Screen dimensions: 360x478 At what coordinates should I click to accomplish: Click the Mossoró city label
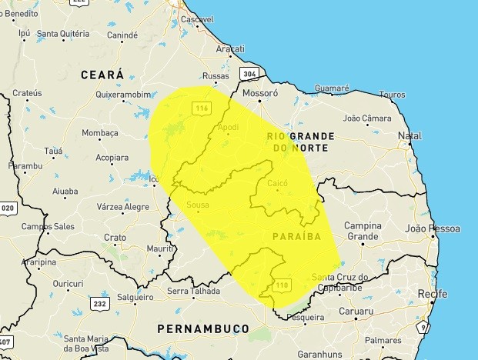(259, 94)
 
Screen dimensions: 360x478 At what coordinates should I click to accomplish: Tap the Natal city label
(409, 136)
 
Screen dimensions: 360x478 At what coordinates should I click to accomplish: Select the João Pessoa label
(432, 228)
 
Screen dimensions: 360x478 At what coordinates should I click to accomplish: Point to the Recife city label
(432, 294)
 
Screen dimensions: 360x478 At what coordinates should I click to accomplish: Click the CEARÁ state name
(102, 74)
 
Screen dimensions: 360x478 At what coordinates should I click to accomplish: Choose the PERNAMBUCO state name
(202, 328)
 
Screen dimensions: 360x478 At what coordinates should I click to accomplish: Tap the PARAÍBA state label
(296, 235)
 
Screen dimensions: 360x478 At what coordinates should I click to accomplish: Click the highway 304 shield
(249, 74)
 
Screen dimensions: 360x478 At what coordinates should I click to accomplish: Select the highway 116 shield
(202, 108)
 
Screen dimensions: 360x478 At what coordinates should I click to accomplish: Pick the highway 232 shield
(99, 304)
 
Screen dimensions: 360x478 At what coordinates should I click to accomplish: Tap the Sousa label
(198, 205)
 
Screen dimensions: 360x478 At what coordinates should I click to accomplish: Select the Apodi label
(229, 127)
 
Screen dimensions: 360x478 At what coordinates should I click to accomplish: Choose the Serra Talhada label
(193, 292)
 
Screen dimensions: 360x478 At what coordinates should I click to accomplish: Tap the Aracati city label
(229, 49)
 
